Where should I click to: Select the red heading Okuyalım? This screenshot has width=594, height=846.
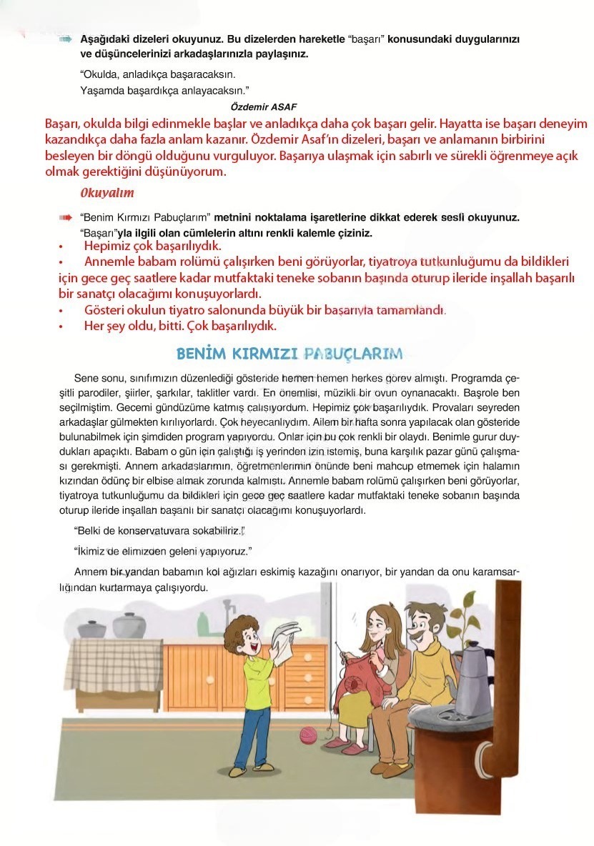pos(107,193)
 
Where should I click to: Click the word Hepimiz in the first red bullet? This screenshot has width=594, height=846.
pos(107,246)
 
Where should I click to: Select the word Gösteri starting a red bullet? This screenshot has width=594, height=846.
pos(107,309)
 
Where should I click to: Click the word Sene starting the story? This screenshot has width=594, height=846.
pos(86,377)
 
